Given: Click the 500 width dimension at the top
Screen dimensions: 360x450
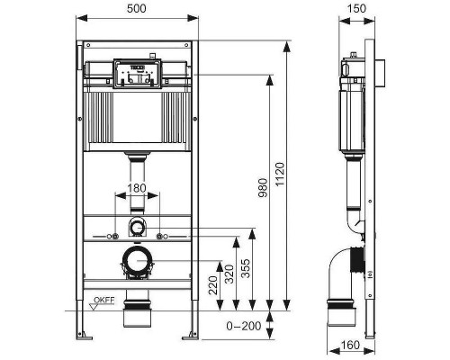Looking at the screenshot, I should point(136,9).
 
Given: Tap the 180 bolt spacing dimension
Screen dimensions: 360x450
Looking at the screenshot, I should point(136,188).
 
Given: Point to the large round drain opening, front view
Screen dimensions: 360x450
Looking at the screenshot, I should point(136,262).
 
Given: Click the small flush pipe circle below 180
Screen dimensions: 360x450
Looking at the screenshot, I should point(136,225).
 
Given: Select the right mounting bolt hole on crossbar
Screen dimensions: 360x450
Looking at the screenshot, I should point(160,236).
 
